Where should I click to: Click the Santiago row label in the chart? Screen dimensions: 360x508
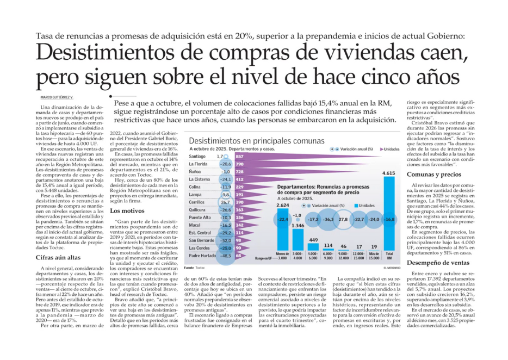coord(197,157)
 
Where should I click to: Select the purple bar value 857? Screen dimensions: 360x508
coord(239,157)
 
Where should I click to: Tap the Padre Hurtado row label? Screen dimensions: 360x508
coord(201,256)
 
